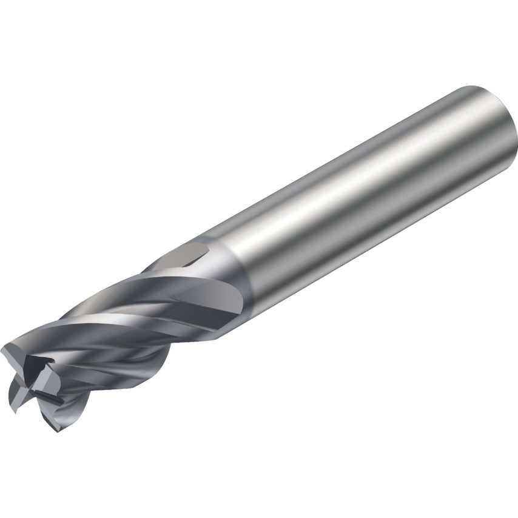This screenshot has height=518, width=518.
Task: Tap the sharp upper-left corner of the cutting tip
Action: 5,348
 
